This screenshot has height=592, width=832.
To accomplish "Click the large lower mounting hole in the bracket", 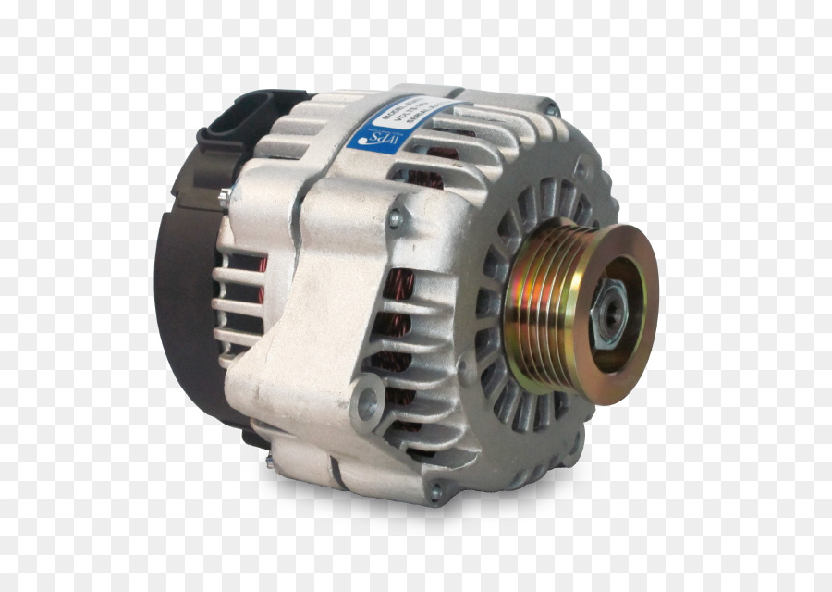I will click(367, 399).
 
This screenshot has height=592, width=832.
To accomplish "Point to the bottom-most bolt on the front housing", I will click(434, 493).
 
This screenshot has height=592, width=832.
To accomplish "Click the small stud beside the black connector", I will click(225, 196).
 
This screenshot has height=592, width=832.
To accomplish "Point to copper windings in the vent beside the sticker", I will click(444, 153).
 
